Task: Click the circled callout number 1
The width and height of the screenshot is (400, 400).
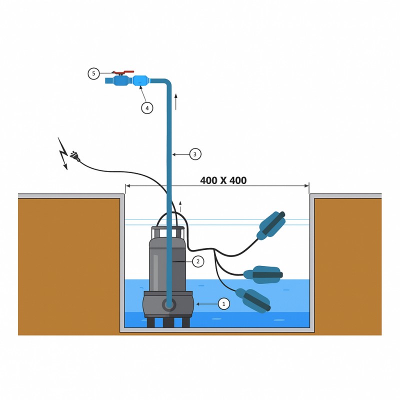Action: point(224,304)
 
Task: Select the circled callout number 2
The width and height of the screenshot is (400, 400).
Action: point(198,261)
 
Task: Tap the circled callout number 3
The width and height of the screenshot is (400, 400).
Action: point(195,154)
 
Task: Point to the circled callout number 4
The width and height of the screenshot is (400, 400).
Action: point(147,108)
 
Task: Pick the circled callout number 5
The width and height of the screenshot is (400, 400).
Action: point(93,73)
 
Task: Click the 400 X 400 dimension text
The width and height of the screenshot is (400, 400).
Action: point(223,180)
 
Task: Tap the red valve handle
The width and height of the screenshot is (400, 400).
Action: point(123,72)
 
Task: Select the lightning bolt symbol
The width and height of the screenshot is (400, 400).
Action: point(63,153)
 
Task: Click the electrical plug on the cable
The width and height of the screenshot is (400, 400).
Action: point(75,156)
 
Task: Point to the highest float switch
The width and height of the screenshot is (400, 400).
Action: point(271,225)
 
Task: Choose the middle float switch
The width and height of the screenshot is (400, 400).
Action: point(263,274)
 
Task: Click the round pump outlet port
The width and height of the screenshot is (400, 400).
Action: point(168,304)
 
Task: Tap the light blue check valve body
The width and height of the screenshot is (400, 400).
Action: point(140,81)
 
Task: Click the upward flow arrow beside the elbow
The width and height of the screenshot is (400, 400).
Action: point(176,102)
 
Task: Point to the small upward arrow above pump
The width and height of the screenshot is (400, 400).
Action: point(180,206)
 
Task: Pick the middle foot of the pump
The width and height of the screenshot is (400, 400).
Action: point(168,322)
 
